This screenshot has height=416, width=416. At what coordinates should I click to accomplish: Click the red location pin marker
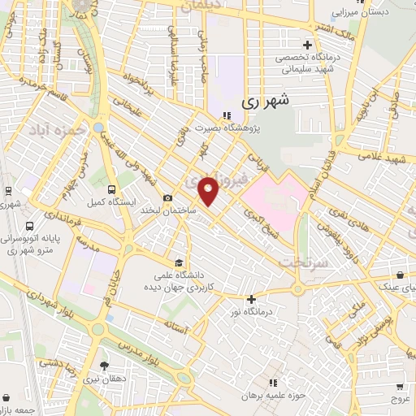coord(209,191)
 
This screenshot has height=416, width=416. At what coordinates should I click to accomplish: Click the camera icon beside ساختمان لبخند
coord(168,197)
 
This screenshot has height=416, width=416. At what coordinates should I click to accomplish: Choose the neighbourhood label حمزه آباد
coord(55,129)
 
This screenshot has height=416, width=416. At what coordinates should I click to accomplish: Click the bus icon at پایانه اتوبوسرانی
coord(30,227)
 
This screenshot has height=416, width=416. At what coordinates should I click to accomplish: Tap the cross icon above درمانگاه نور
coord(252,300)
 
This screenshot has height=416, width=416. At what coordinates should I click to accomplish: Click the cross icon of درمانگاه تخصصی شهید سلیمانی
coord(306,45)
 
